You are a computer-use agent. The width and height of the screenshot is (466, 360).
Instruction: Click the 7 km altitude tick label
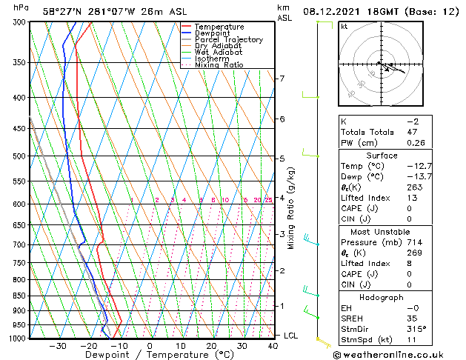(x=281, y=79)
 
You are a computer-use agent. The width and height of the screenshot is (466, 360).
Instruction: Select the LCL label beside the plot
(x=291, y=336)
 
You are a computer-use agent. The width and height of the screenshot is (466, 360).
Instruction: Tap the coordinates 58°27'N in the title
(x=63, y=11)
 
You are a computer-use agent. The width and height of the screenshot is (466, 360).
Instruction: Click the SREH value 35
(x=413, y=319)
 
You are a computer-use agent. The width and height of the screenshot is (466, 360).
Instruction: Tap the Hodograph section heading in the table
(x=382, y=297)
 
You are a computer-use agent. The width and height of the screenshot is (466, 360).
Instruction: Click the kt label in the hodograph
(x=344, y=27)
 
